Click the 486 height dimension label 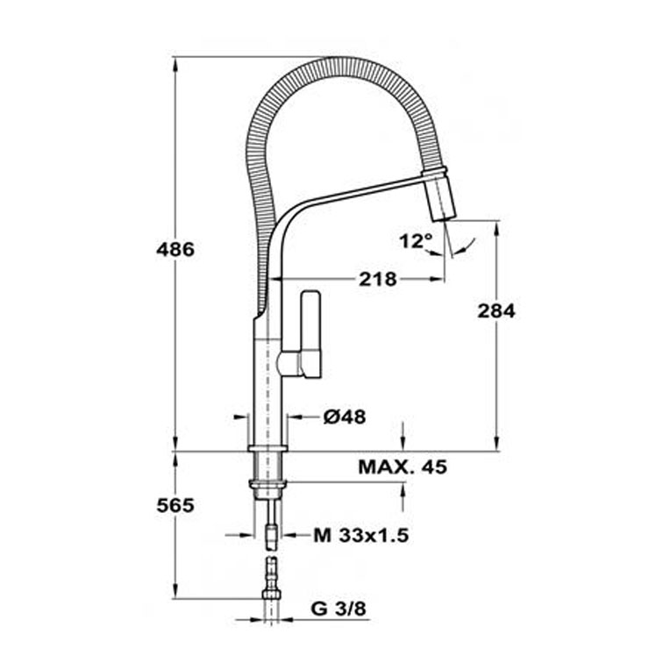click(x=175, y=249)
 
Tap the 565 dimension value click(x=175, y=505)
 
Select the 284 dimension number click(x=496, y=311)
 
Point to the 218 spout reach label click(x=378, y=279)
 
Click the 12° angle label click(x=416, y=241)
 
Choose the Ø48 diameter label click(x=345, y=417)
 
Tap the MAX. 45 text click(x=403, y=467)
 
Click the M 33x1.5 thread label click(x=361, y=536)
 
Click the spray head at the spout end click(x=438, y=195)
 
